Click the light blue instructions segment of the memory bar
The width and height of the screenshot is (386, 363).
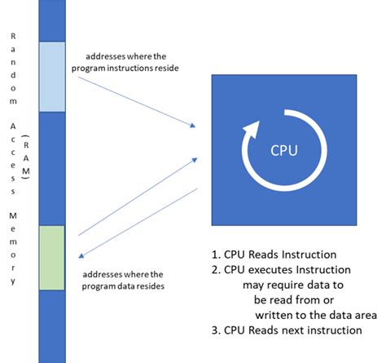click(x=51, y=77)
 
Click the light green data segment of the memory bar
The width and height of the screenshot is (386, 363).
click(x=51, y=255)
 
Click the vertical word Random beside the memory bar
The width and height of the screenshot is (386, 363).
click(x=12, y=62)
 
